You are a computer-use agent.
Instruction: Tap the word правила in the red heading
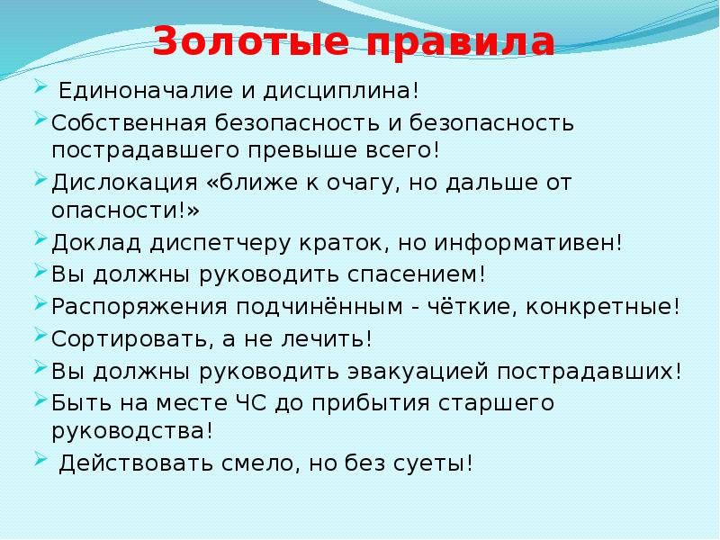point(451,43)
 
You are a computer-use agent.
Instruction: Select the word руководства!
point(133,431)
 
